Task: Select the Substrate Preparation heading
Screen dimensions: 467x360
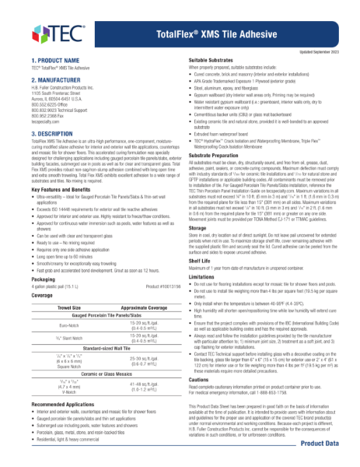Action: [220, 178]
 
